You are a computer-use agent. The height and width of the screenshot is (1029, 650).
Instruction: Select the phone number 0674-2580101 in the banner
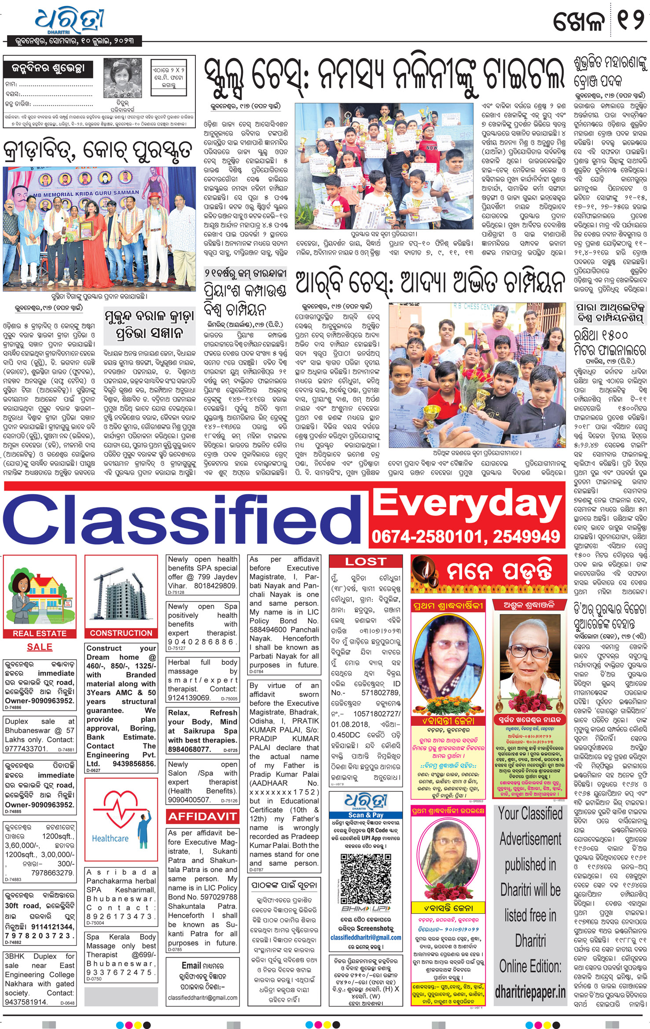pos(429,537)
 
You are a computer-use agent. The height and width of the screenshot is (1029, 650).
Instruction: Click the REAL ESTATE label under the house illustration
pos(40,634)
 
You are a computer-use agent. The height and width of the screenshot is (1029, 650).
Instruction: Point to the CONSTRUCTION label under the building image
pos(121,633)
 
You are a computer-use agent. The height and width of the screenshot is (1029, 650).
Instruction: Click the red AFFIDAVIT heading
pos(202,817)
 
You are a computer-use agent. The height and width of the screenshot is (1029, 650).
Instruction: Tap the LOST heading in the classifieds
pos(365,562)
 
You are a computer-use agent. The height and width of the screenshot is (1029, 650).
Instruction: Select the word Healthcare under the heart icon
pos(110,839)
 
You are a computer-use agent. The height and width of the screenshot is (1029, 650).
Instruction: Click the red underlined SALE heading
pos(40,647)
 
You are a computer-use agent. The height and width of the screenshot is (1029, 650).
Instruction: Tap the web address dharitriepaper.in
pos(530,992)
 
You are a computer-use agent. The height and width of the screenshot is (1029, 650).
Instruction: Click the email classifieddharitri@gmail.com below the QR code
pos(366,937)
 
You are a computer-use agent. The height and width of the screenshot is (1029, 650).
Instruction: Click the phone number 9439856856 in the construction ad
pos(134,764)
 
